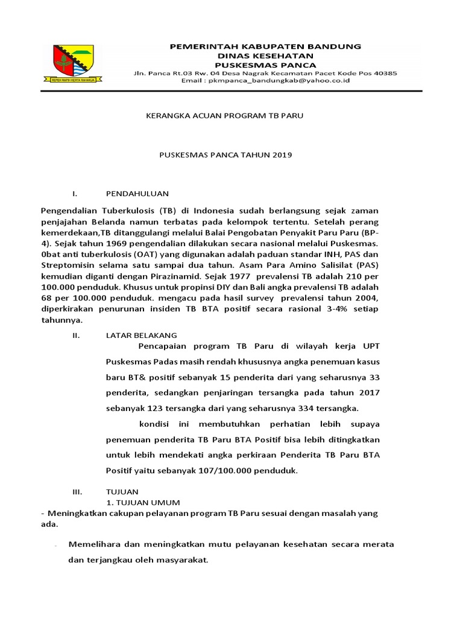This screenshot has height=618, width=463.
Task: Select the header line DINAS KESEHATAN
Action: (265, 55)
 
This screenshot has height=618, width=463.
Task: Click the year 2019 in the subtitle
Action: (282, 154)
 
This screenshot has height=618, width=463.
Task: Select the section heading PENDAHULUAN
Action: (137, 194)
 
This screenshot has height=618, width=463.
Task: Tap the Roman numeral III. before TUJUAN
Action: (77, 492)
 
